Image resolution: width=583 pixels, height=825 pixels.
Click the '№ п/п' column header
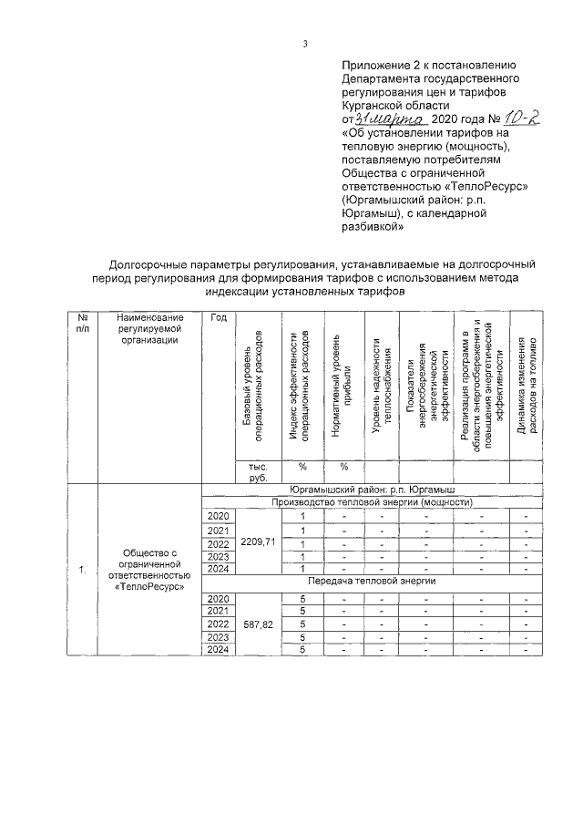click(x=82, y=322)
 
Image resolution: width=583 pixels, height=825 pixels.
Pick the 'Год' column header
click(x=219, y=316)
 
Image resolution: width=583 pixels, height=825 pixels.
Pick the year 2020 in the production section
click(x=219, y=516)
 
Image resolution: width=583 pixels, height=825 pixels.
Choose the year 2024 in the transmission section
click(x=219, y=649)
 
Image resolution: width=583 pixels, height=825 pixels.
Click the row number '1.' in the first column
click(x=82, y=570)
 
